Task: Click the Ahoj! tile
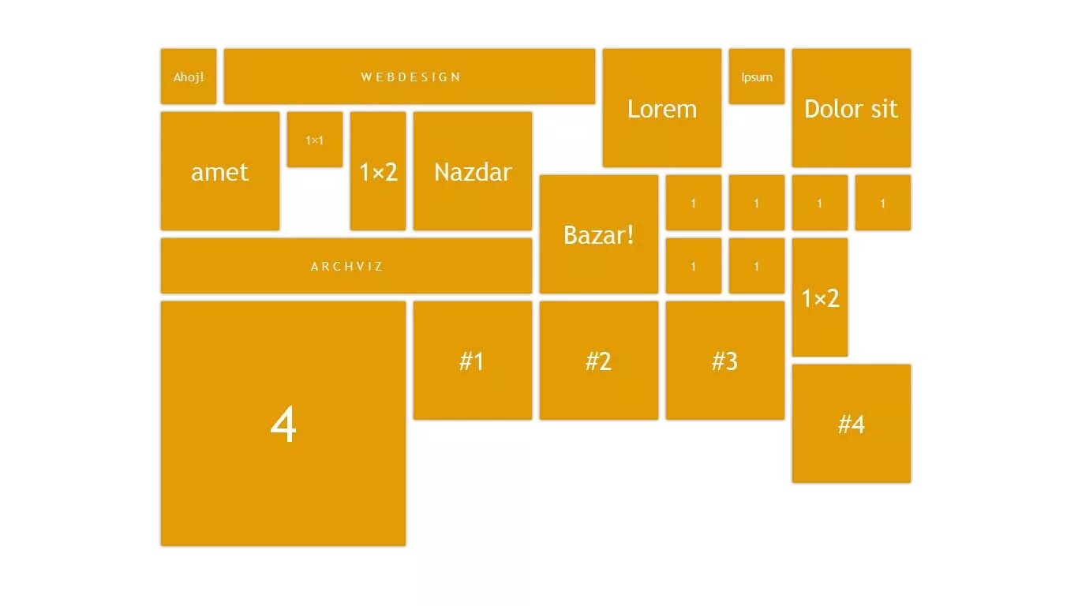[189, 77]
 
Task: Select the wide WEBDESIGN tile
[410, 77]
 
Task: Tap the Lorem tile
[662, 108]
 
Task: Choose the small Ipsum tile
[757, 77]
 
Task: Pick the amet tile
[220, 171]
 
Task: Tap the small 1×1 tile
[315, 140]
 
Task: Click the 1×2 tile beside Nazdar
[378, 171]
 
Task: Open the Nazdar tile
[473, 171]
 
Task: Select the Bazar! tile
[599, 234]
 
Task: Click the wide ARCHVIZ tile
[346, 266]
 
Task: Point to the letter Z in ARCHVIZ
[379, 267]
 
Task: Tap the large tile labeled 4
[283, 424]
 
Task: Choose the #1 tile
[473, 361]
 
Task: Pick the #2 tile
[599, 361]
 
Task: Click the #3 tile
[725, 361]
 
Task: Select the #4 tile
[852, 424]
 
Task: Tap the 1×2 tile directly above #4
[820, 297]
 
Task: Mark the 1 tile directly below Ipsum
[757, 203]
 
